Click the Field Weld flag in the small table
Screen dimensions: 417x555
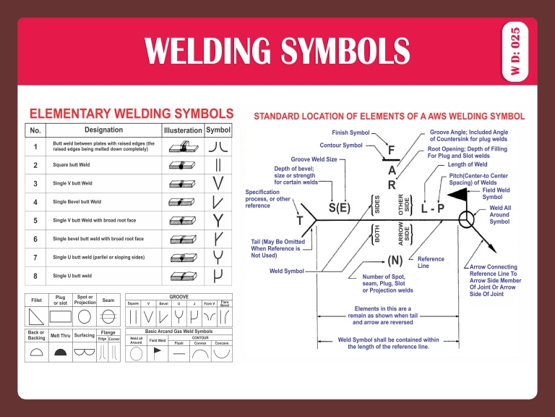158,353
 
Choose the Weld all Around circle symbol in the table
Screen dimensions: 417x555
135,353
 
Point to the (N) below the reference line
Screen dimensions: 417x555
395,259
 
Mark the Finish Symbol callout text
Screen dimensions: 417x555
350,133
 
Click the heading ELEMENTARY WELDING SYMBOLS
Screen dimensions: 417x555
131,114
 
